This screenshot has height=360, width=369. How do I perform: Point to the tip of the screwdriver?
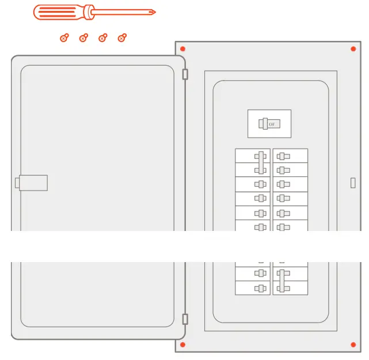154,12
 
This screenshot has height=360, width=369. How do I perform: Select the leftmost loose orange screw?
64,38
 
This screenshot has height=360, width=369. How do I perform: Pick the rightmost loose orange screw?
121,38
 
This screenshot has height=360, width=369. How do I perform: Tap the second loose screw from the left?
83,38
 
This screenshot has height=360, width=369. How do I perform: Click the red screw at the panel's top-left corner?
182,48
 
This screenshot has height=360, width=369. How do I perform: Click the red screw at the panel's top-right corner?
353,48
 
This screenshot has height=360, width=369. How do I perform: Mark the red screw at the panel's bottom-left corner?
182,344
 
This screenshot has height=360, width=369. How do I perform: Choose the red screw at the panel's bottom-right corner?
353,344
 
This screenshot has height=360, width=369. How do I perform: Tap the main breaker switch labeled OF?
269,124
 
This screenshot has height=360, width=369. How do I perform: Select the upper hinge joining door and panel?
185,74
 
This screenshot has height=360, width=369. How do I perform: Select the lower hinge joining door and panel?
185,319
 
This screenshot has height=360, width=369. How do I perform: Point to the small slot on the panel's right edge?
353,183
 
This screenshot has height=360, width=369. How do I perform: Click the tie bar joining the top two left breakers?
262,162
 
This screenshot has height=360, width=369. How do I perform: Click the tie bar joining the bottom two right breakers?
281,281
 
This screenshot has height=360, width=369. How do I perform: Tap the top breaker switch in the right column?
283,156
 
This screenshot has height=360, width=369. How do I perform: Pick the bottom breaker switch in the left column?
261,288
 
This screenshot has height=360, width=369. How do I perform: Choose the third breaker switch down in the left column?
261,184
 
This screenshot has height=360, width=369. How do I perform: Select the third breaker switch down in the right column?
283,184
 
